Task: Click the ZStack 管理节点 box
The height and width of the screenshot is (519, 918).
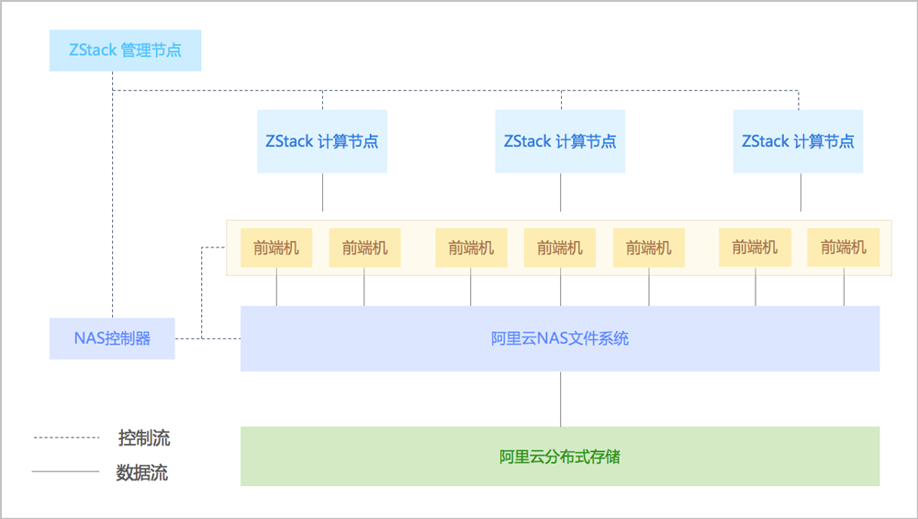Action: pyautogui.click(x=125, y=50)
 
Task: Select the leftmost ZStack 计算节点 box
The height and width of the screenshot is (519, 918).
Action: pyautogui.click(x=322, y=141)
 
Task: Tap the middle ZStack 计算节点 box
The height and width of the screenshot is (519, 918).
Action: pyautogui.click(x=560, y=141)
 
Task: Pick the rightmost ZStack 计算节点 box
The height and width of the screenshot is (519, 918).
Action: pyautogui.click(x=798, y=141)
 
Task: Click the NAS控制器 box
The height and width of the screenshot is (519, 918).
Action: pyautogui.click(x=112, y=338)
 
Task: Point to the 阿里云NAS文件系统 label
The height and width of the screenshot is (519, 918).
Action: pyautogui.click(x=560, y=338)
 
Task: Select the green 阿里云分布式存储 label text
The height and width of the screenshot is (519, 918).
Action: pyautogui.click(x=560, y=457)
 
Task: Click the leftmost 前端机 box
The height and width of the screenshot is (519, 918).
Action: pyautogui.click(x=276, y=248)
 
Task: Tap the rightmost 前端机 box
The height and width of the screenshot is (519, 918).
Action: pyautogui.click(x=844, y=248)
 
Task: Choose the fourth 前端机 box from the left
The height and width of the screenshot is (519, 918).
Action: pyautogui.click(x=560, y=248)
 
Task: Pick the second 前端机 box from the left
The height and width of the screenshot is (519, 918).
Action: pyautogui.click(x=364, y=248)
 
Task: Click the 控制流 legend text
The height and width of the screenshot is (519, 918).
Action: pyautogui.click(x=144, y=437)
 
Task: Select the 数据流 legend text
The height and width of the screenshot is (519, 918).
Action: pyautogui.click(x=142, y=472)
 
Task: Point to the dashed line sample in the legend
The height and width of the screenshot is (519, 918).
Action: pyautogui.click(x=67, y=437)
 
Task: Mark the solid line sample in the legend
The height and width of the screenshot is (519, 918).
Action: pyautogui.click(x=65, y=471)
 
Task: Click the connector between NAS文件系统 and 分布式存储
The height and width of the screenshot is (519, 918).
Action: pyautogui.click(x=560, y=399)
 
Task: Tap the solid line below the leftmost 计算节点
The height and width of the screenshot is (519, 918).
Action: pyautogui.click(x=322, y=193)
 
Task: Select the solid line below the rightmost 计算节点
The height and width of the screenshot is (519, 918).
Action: pyautogui.click(x=800, y=193)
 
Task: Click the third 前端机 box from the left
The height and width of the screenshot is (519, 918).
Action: pyautogui.click(x=471, y=248)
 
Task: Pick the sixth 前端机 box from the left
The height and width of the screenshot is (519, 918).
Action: pyautogui.click(x=756, y=248)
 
